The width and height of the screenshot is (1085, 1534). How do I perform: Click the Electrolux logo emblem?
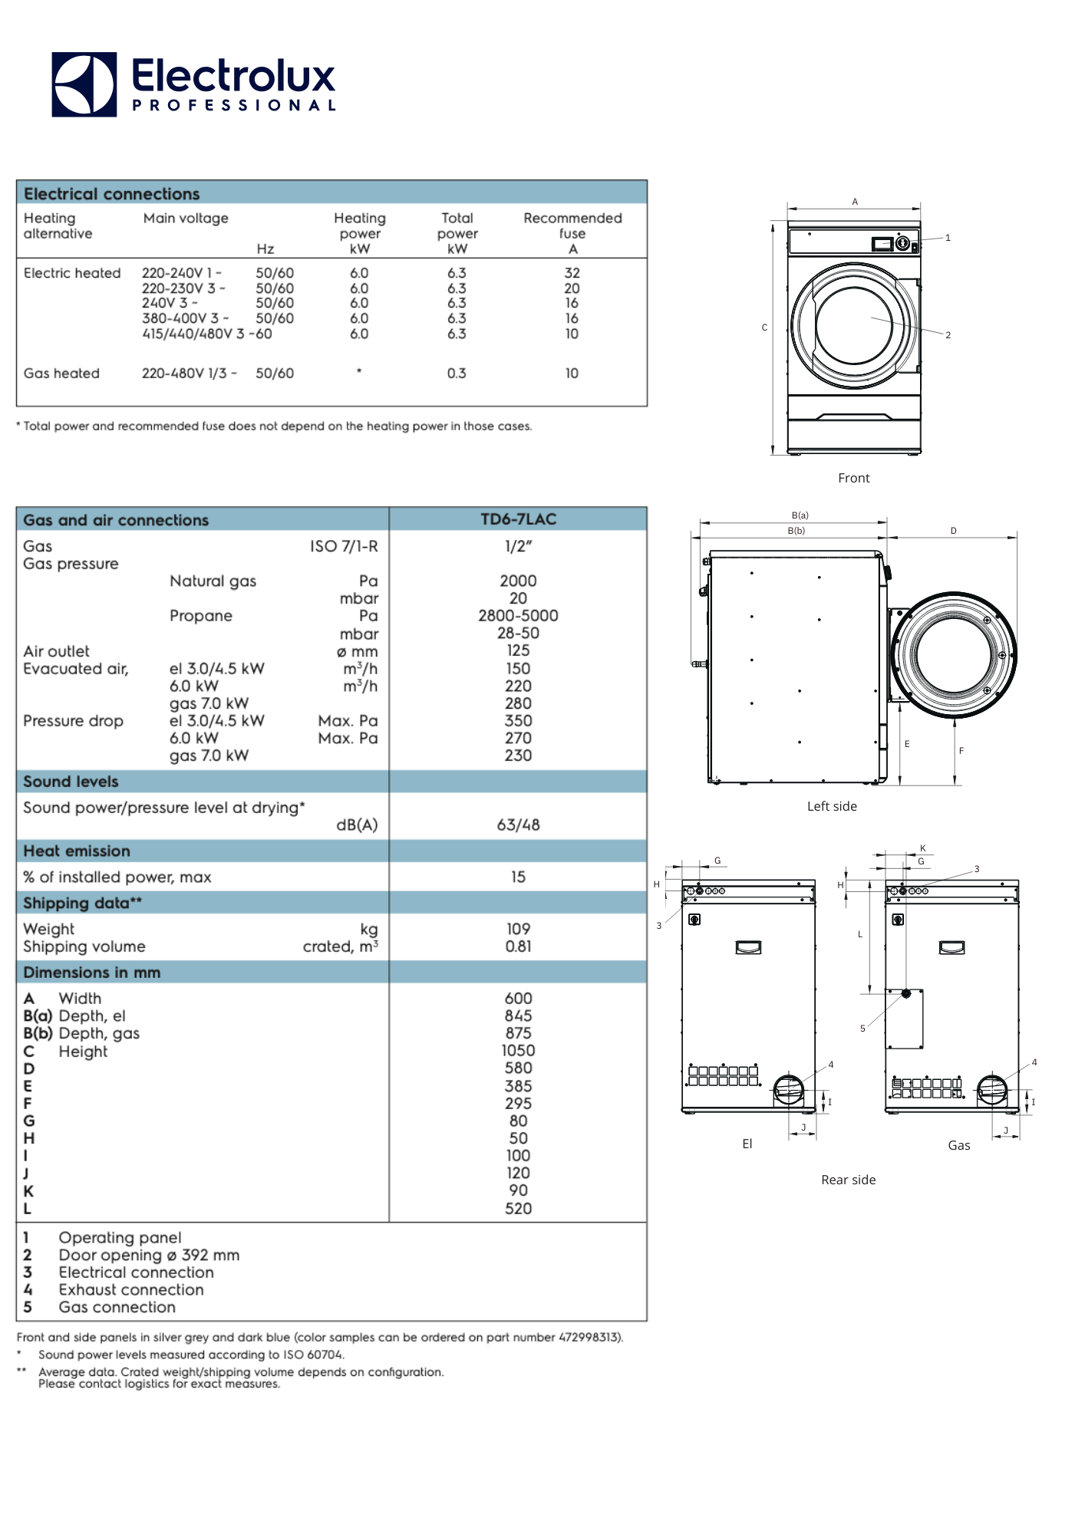[84, 84]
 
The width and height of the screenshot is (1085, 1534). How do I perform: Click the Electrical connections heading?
[111, 193]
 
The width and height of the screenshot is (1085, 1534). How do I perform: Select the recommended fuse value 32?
[572, 273]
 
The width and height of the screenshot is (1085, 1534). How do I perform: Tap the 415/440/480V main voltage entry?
[193, 334]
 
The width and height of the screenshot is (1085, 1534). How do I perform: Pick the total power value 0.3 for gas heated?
[457, 374]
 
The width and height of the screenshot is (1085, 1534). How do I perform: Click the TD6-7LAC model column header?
[518, 519]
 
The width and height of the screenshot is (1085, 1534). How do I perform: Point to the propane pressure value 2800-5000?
[518, 615]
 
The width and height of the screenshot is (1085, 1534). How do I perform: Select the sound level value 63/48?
[518, 825]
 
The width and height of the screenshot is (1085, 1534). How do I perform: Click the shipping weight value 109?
[518, 929]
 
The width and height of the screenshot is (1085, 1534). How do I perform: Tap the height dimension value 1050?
[518, 1051]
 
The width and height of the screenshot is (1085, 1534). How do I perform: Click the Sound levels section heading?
[71, 782]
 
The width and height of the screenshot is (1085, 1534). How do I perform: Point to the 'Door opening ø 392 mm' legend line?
[149, 1255]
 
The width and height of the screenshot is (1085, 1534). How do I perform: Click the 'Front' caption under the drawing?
[853, 478]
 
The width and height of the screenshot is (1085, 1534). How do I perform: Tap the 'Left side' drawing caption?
[832, 806]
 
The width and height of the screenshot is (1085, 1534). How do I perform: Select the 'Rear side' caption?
[848, 1180]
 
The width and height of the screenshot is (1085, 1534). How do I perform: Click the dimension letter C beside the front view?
[764, 328]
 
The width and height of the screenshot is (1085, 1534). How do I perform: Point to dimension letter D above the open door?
[954, 531]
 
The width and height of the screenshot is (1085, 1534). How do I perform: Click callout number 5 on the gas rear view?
[862, 1029]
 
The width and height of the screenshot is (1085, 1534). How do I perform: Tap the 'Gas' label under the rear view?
[958, 1145]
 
